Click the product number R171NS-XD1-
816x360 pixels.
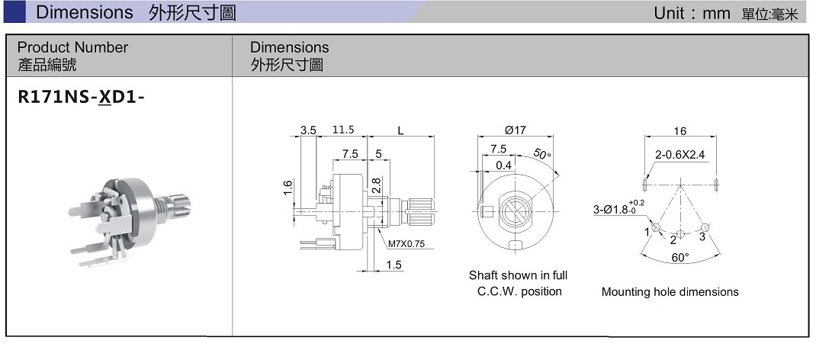click(81, 98)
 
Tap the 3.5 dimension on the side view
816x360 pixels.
click(308, 130)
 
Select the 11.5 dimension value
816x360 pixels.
click(343, 130)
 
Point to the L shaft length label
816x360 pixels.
click(400, 130)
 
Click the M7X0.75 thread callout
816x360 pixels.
click(406, 243)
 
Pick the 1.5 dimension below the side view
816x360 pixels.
click(394, 265)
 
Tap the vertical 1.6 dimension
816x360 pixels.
click(288, 188)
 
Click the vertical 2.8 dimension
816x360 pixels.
click(377, 186)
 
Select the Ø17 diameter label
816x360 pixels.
click(516, 130)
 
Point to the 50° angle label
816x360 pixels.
click(541, 154)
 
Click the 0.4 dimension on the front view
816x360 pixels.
click(503, 166)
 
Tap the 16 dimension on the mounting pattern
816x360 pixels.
click(680, 131)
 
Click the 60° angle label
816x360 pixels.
click(680, 258)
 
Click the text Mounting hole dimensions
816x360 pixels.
click(670, 292)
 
